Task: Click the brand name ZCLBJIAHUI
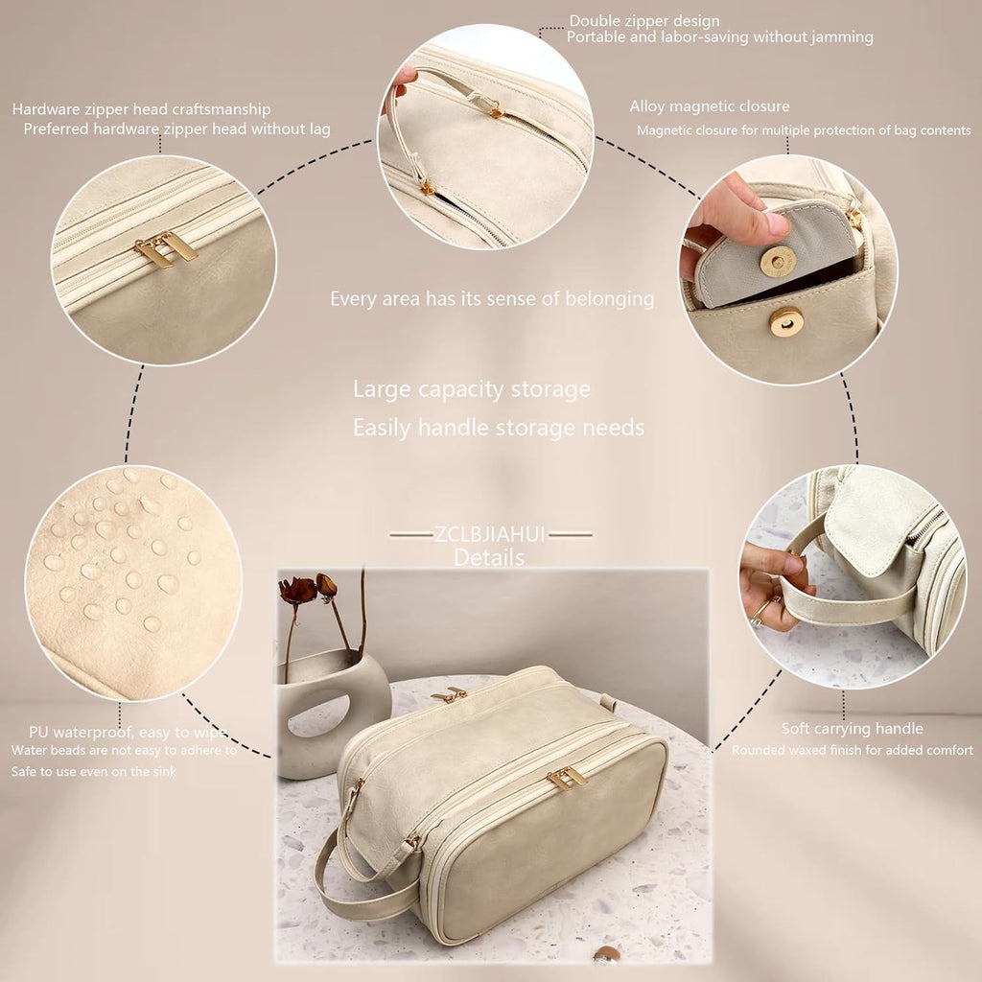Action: coord(490,534)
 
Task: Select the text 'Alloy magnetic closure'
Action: coord(710,106)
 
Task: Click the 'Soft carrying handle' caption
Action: coord(852,729)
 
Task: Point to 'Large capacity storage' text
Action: coord(471,389)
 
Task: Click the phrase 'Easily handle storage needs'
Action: coord(498,428)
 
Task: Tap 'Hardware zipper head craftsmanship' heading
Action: coord(141,109)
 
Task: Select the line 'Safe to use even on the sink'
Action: coord(94,771)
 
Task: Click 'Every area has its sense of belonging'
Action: coord(492,299)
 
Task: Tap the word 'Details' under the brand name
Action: coord(489,557)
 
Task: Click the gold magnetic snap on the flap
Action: coord(777,260)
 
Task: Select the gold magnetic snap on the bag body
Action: coord(786,322)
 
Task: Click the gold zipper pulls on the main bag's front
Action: coord(567,778)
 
